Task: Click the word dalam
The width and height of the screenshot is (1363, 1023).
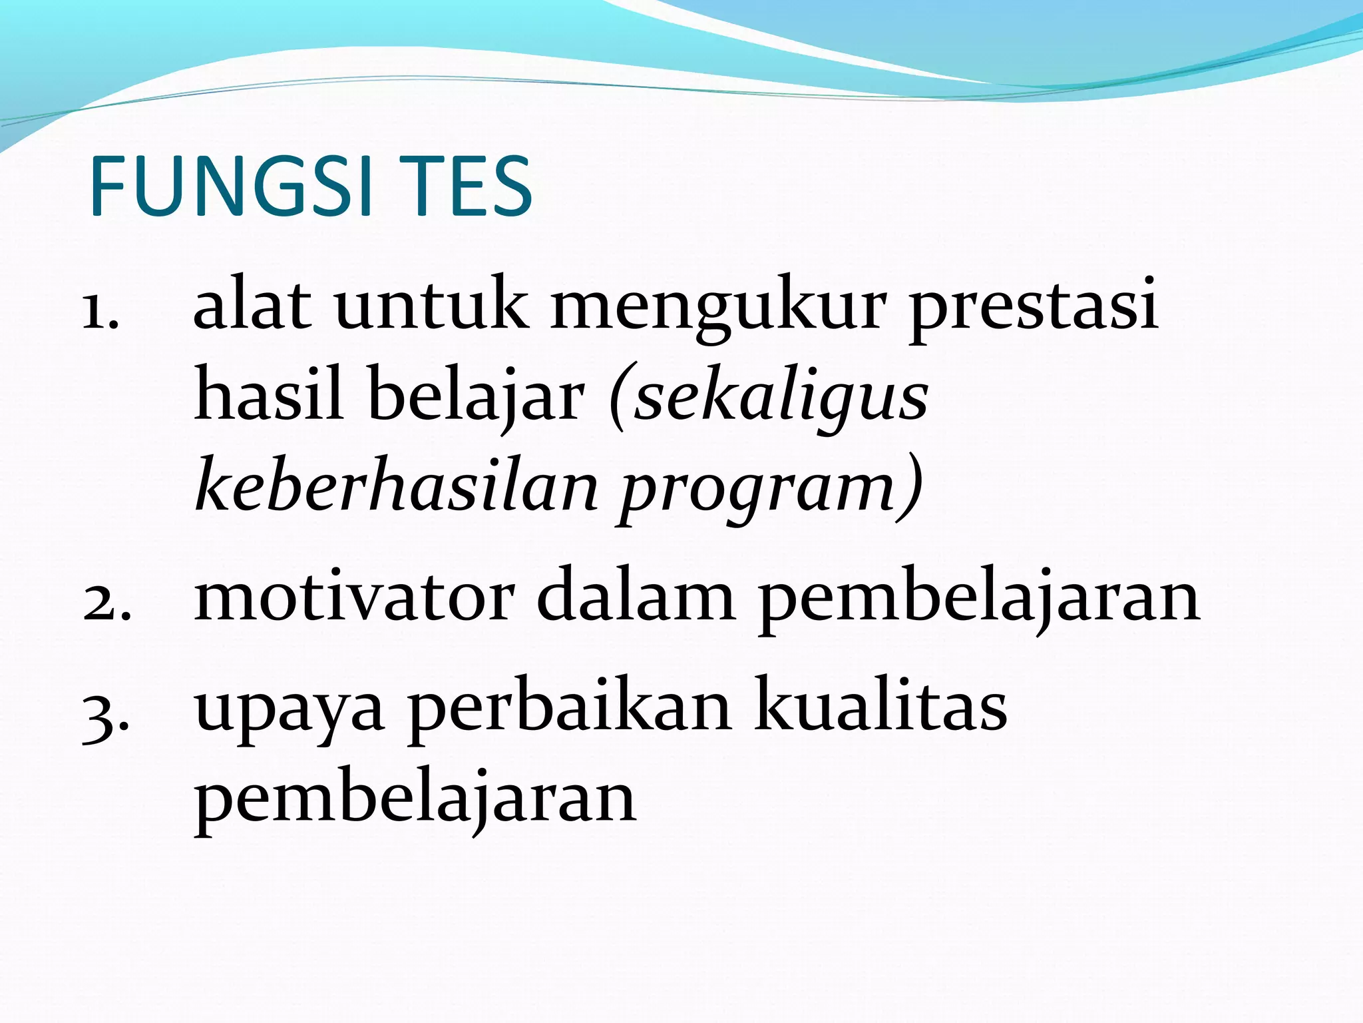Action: pyautogui.click(x=636, y=597)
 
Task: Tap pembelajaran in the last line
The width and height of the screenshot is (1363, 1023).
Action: pyautogui.click(x=415, y=802)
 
